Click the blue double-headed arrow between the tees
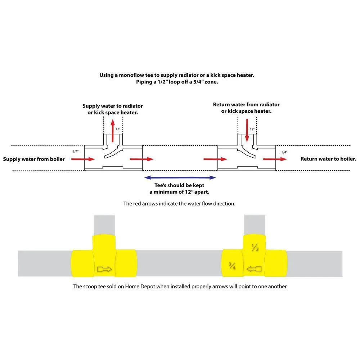pos(180,177)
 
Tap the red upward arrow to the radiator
pos(112,131)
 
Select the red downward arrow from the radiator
pos(247,130)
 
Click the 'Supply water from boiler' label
pos(34,159)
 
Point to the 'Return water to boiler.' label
pos(328,159)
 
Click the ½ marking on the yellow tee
pos(255,248)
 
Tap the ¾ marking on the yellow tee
pos(232,266)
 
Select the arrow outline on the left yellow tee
pos(104,269)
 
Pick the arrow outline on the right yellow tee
pos(254,269)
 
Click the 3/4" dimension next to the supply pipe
pos(76,151)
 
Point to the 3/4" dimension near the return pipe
pos(284,152)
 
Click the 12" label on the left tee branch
pos(118,129)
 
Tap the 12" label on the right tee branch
pos(252,129)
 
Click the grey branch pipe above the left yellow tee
pos(104,225)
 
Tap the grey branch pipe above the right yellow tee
pos(255,225)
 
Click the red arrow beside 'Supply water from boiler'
pos(83,159)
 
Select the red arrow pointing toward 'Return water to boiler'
pos(275,159)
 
